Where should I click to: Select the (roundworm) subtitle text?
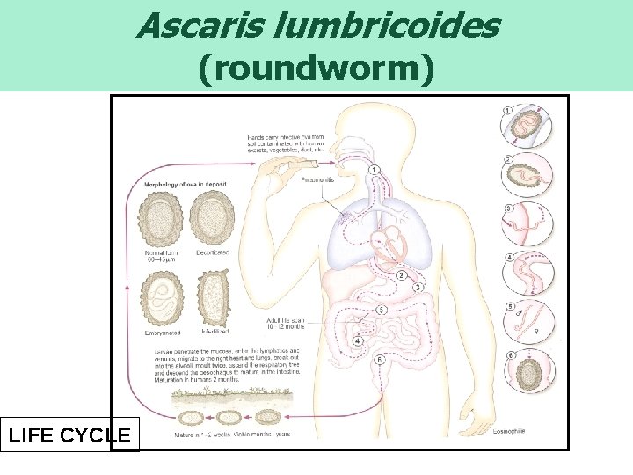pos(316,70)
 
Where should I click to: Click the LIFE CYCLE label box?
pos(69,435)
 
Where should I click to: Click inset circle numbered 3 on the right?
pos(527,223)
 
